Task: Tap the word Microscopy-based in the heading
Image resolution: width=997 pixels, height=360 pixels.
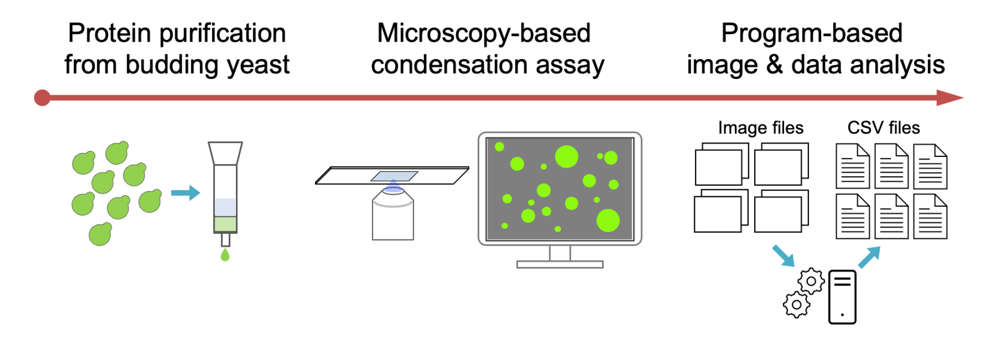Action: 484,34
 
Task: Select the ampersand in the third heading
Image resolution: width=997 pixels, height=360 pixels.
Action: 775,65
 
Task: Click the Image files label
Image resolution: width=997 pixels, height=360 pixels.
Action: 761,128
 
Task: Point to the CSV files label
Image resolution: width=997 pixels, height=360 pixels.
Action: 884,128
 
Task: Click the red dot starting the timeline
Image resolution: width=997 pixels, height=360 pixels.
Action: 42,98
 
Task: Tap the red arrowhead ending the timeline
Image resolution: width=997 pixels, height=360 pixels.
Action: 950,98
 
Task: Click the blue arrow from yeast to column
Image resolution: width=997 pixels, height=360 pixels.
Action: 186,193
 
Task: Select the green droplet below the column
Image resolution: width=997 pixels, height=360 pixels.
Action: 225,255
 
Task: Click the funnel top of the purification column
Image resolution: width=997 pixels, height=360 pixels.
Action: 225,153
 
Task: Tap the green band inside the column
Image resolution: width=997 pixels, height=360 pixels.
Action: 225,224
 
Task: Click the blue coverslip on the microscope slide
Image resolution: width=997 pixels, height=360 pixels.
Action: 394,176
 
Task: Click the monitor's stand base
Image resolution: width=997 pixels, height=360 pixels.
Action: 560,265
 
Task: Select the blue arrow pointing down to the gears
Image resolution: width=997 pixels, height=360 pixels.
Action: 783,256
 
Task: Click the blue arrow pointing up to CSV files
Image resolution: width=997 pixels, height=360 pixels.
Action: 869,258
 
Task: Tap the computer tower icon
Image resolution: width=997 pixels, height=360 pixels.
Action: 842,297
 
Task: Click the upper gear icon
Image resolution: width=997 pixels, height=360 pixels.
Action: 811,281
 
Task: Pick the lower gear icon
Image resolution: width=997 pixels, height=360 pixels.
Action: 797,304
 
